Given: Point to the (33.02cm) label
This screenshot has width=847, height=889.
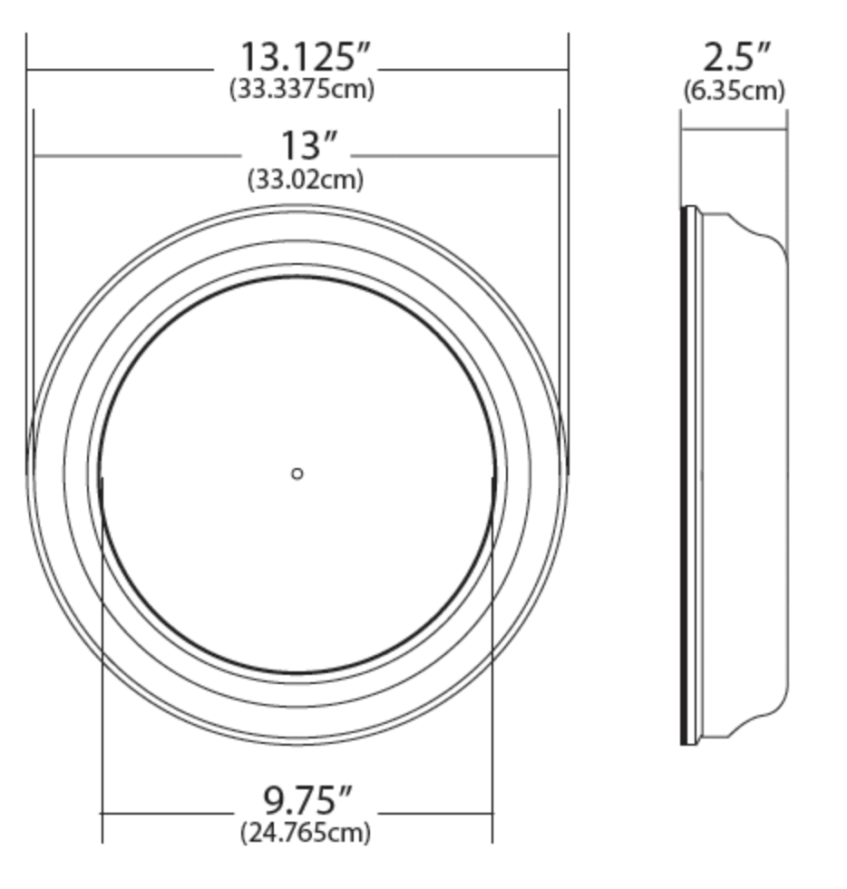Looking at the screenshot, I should [x=306, y=180].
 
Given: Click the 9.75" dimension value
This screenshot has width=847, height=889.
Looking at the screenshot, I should [x=307, y=800].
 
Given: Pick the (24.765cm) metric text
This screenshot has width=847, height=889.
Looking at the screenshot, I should [x=306, y=832].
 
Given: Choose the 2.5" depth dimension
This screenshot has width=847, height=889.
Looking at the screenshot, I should [x=736, y=58].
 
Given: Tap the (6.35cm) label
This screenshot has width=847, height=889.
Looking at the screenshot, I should [x=735, y=91].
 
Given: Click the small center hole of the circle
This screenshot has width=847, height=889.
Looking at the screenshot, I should [x=297, y=474].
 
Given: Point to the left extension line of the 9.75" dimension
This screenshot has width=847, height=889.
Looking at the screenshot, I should [x=102, y=680].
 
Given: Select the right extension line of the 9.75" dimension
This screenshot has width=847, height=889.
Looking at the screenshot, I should [x=492, y=680].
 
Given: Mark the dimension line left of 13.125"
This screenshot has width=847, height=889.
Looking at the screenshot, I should [x=118, y=69].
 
